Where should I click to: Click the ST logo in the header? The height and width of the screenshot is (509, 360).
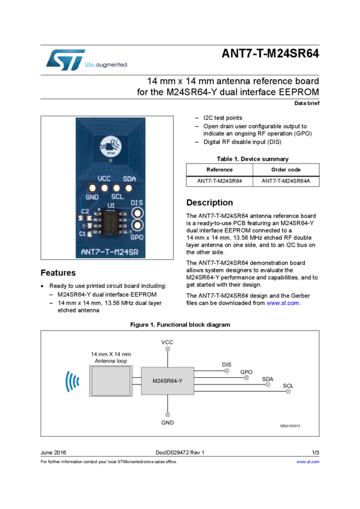click(x=65, y=60)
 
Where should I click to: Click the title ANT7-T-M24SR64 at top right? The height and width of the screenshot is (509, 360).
click(x=270, y=53)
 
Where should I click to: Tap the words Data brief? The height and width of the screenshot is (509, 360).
click(x=307, y=103)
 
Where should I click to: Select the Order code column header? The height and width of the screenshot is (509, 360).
click(x=286, y=169)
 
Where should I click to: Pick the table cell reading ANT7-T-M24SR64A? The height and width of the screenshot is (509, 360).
click(x=286, y=181)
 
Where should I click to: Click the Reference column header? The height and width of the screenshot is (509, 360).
click(x=219, y=169)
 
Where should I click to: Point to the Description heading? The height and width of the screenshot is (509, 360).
click(x=210, y=202)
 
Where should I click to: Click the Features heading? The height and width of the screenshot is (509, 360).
click(x=58, y=272)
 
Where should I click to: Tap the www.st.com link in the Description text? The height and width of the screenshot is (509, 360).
click(x=283, y=303)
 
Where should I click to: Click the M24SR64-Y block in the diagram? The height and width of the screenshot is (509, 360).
click(x=168, y=381)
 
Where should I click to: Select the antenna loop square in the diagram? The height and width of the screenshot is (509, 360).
click(x=111, y=381)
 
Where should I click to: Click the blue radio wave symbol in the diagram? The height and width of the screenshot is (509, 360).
click(x=72, y=381)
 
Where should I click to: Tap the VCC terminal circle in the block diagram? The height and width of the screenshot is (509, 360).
click(x=168, y=349)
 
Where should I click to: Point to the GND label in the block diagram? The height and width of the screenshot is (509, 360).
click(x=168, y=423)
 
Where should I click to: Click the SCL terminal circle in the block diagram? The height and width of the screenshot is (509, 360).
click(x=288, y=391)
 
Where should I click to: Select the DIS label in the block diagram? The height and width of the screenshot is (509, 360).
click(x=226, y=365)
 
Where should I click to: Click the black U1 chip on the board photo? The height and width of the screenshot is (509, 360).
click(x=110, y=223)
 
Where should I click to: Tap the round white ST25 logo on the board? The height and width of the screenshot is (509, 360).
click(x=111, y=146)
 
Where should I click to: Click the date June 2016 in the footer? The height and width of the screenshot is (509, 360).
click(x=53, y=453)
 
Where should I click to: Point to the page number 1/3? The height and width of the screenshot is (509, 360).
click(x=316, y=453)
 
